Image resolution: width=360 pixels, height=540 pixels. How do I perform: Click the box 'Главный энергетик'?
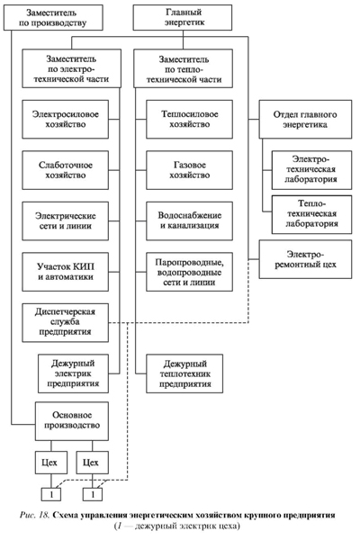[183, 18]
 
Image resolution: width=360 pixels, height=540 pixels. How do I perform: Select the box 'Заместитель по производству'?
[53, 18]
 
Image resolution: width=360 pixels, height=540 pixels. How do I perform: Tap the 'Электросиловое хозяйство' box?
[66, 120]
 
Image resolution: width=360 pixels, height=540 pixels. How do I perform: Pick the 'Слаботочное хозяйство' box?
[66, 170]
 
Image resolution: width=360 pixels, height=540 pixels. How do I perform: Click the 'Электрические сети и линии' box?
[66, 221]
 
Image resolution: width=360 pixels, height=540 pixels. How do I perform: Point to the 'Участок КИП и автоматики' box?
[66, 272]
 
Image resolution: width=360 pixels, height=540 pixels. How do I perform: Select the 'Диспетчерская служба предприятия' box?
[66, 323]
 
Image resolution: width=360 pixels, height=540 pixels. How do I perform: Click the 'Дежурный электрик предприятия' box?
[74, 373]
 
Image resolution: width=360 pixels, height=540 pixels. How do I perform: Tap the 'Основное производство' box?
[72, 421]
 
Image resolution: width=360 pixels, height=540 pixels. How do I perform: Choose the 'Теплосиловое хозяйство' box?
[190, 120]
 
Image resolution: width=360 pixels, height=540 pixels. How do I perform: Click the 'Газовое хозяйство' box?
[190, 170]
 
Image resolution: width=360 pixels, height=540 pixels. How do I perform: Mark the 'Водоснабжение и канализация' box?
[190, 221]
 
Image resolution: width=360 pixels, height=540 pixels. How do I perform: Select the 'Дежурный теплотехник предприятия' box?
[184, 373]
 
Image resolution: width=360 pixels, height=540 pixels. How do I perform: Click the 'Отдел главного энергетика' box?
[306, 120]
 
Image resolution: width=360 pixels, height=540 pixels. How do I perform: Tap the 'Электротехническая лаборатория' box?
[311, 170]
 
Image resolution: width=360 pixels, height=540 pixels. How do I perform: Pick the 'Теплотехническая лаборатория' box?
[311, 214]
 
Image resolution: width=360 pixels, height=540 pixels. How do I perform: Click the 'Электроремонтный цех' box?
[306, 259]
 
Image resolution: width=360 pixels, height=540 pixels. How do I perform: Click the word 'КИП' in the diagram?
[85, 267]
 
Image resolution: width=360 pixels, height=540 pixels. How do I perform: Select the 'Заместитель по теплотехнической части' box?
[183, 68]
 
